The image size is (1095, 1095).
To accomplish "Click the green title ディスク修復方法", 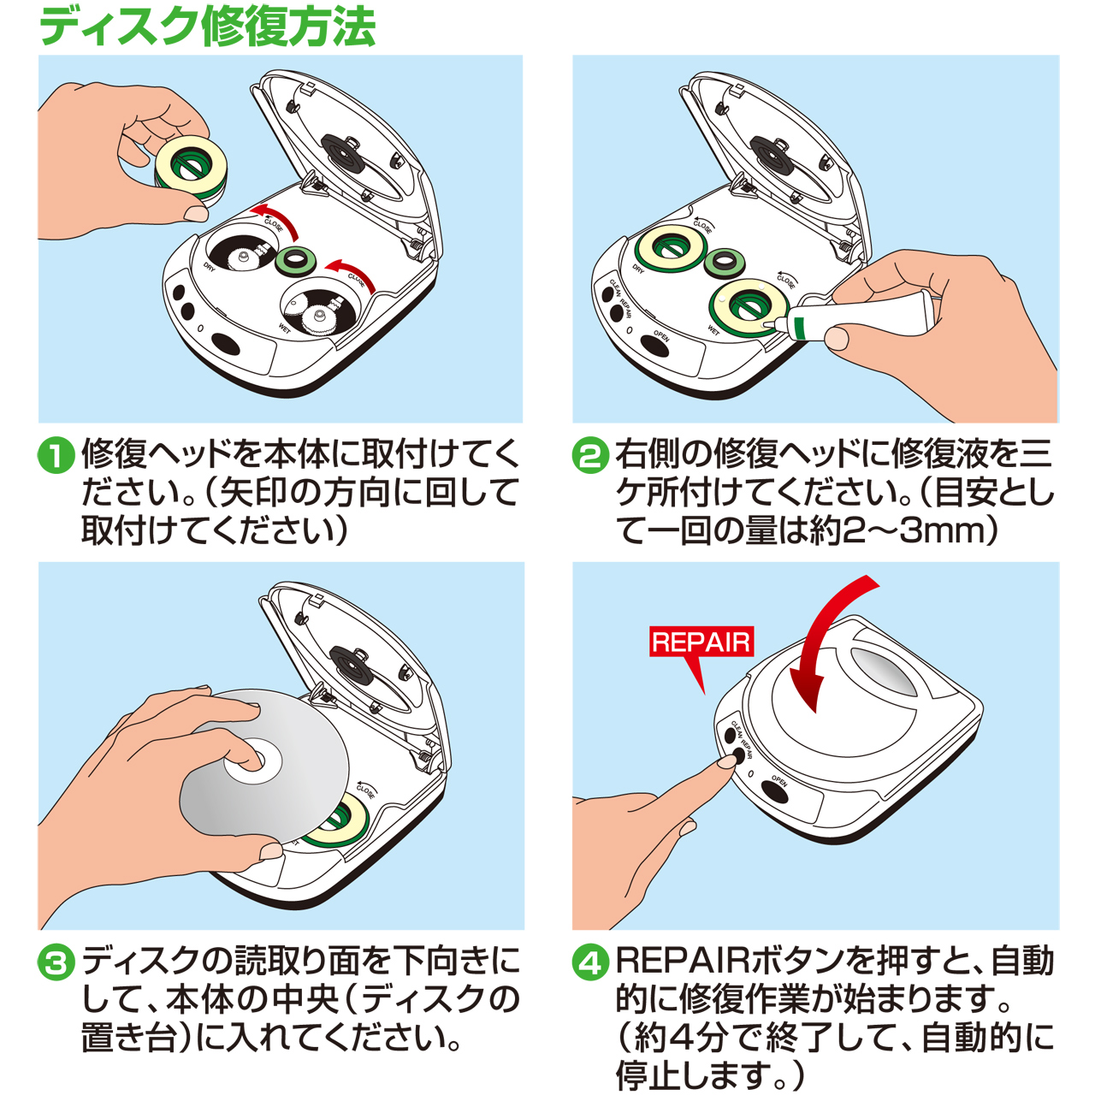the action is pyautogui.click(x=208, y=26).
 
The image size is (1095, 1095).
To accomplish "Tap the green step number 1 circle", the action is pyautogui.click(x=56, y=456).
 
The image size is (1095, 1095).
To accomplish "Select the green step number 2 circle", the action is pyautogui.click(x=590, y=456).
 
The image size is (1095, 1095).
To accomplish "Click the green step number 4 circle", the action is pyautogui.click(x=590, y=962).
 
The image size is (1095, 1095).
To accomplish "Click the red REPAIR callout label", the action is pyautogui.click(x=701, y=642).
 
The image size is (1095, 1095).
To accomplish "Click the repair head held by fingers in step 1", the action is pyautogui.click(x=191, y=169).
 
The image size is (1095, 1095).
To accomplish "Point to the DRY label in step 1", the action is pyautogui.click(x=210, y=267).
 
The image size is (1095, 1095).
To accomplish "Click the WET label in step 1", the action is pyautogui.click(x=285, y=328).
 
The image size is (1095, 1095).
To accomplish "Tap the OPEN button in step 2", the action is pyautogui.click(x=654, y=346).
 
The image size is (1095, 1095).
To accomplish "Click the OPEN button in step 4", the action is pyautogui.click(x=774, y=792).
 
